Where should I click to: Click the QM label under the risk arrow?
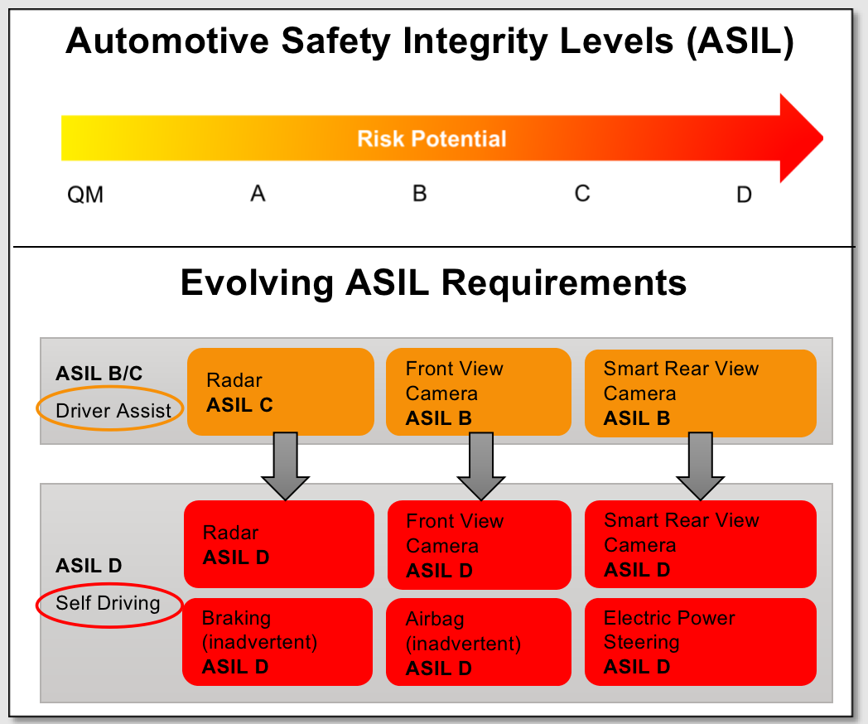point(85,195)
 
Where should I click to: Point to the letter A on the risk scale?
point(258,194)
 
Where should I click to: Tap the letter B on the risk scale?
point(420,194)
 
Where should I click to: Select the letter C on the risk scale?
point(582,194)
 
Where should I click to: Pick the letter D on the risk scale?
point(744,195)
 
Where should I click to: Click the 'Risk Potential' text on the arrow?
point(432,138)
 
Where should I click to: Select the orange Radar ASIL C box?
point(281,392)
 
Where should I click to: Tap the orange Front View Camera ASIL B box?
point(478,392)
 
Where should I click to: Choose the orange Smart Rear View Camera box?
point(700,393)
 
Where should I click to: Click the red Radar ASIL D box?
point(279,544)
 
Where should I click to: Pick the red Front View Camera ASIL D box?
point(480,545)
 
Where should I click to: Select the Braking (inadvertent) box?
point(277,641)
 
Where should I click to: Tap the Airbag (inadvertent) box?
point(478,642)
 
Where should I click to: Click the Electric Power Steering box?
point(700,641)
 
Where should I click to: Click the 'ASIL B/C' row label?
point(99,374)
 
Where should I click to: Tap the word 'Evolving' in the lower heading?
point(257,283)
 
